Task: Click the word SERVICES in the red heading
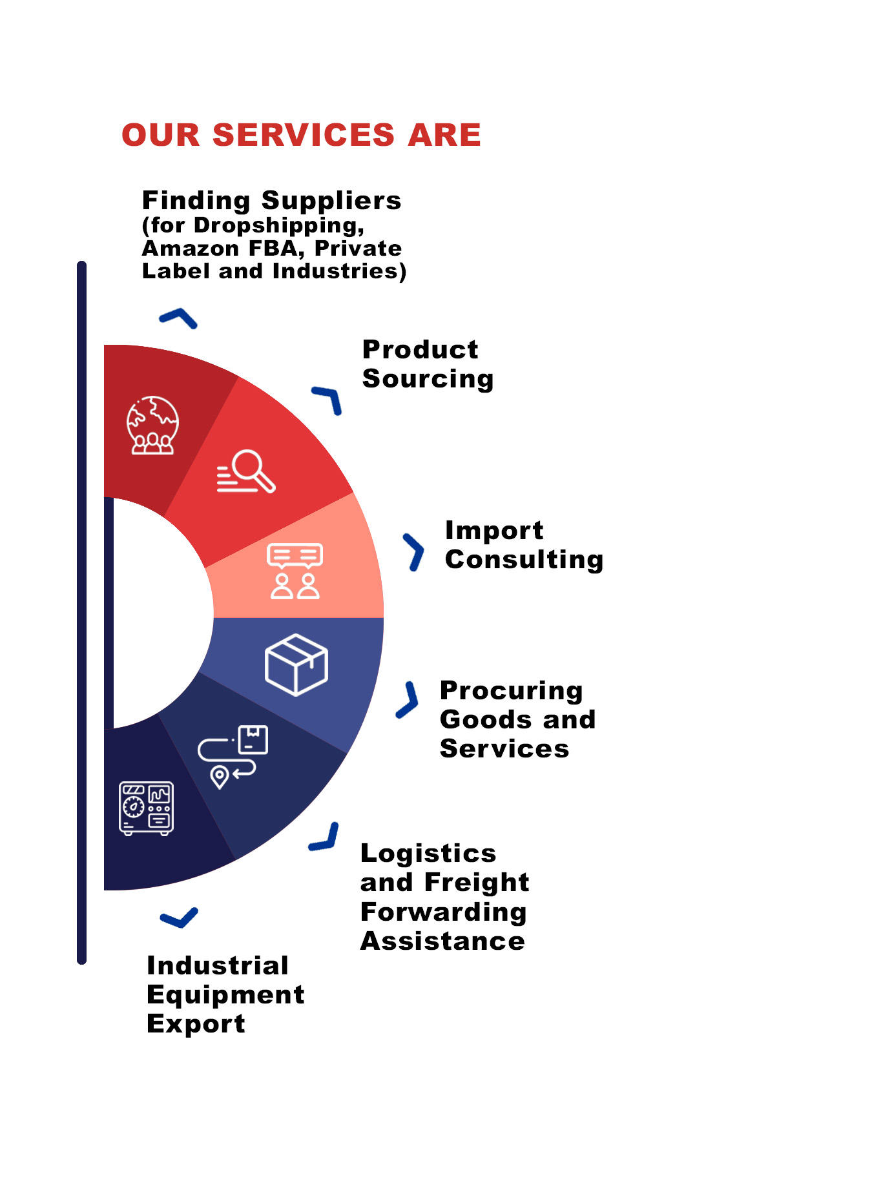click(303, 135)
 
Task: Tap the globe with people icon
click(152, 425)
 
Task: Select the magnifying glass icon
click(246, 471)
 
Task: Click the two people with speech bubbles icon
click(295, 571)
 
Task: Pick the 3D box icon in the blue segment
click(296, 664)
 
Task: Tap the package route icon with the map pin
click(233, 756)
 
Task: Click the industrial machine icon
click(146, 808)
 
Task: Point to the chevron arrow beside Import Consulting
click(413, 552)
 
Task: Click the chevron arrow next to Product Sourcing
click(327, 400)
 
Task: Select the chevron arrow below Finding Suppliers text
click(178, 318)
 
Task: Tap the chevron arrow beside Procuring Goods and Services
click(408, 700)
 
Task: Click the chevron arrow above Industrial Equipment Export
click(179, 918)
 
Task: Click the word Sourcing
click(428, 379)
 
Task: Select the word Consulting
click(524, 559)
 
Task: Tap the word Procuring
click(511, 691)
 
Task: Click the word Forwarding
click(443, 912)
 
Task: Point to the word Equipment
click(225, 995)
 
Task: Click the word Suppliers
click(331, 201)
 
